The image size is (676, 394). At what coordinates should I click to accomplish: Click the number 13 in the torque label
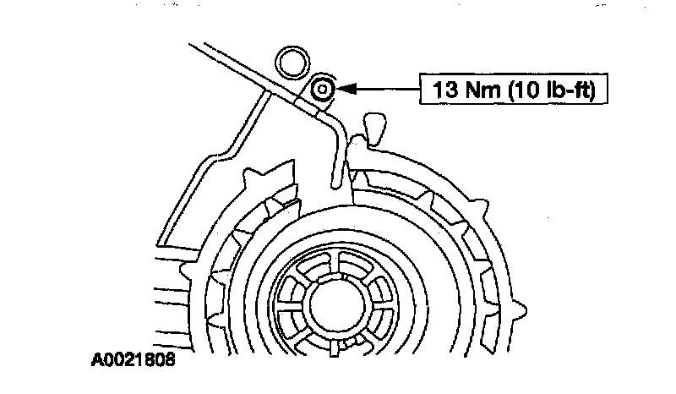(x=446, y=89)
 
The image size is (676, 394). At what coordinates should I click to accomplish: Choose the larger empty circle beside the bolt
(x=293, y=62)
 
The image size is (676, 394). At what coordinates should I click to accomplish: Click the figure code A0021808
(x=134, y=360)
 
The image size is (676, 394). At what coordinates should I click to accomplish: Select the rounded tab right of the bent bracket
(x=371, y=127)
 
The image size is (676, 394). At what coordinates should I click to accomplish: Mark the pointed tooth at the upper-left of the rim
(x=252, y=178)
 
